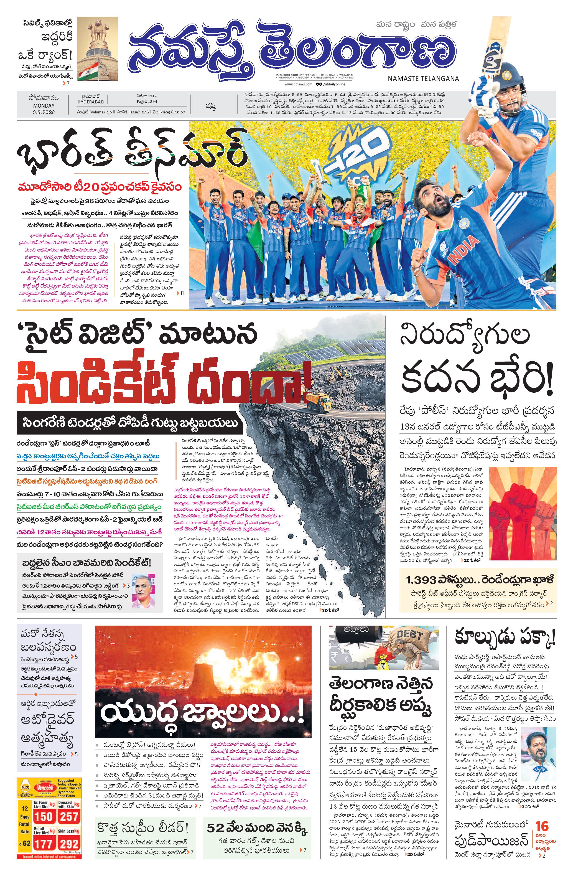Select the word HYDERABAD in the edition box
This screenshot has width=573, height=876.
click(91, 102)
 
